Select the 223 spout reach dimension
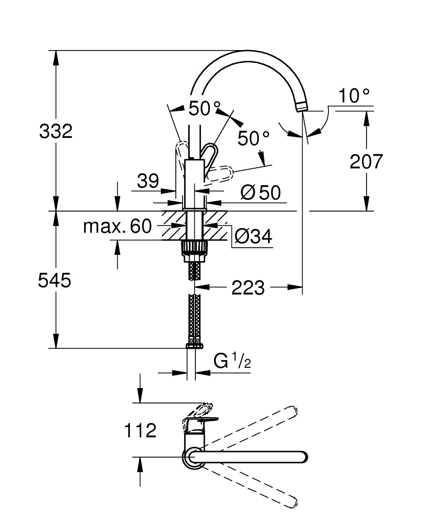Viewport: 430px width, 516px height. (x=247, y=287)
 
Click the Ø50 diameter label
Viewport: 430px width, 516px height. (x=261, y=192)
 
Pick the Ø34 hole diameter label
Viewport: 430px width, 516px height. (x=253, y=236)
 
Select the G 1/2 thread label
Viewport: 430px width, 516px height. (x=232, y=362)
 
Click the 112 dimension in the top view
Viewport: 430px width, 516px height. (x=140, y=430)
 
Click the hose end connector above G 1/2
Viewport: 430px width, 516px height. (x=194, y=343)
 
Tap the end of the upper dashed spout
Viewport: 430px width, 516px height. (x=292, y=411)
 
